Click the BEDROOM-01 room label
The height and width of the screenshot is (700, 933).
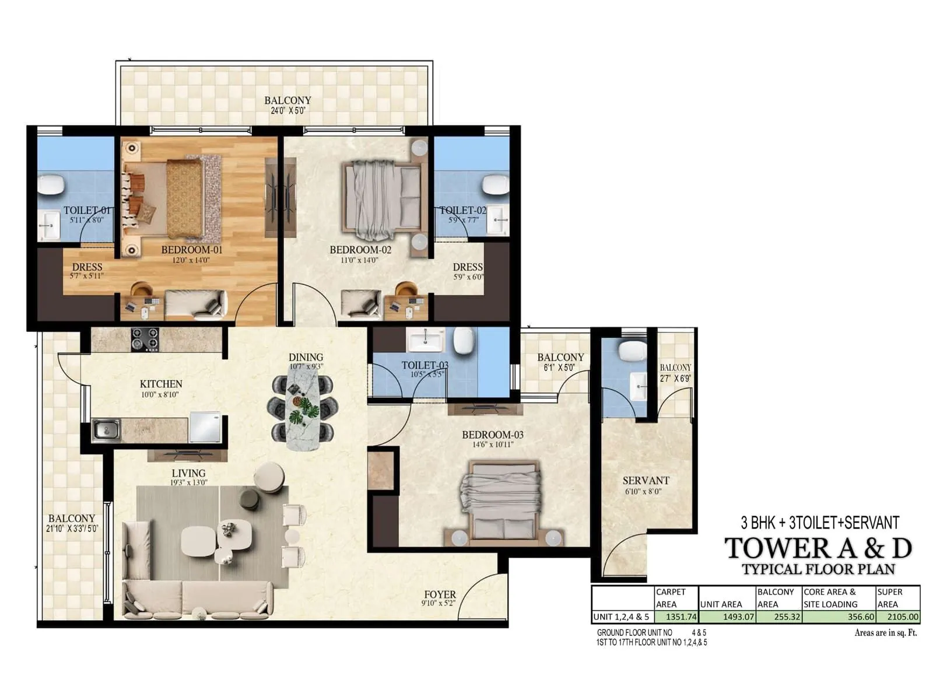pos(192,250)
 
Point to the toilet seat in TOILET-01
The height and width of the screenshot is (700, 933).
pos(51,185)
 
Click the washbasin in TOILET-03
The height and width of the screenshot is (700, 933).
pos(425,339)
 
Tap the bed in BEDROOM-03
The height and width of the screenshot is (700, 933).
pos(500,501)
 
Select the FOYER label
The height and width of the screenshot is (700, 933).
pos(440,594)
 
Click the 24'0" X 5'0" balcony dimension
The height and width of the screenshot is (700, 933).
pos(287,110)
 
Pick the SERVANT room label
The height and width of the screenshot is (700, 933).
pos(646,481)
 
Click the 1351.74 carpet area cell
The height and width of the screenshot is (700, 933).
pos(676,617)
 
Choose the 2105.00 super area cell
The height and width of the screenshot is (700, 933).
pos(898,617)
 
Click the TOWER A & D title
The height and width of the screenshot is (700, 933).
pos(818,548)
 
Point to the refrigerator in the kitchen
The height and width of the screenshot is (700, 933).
pos(205,428)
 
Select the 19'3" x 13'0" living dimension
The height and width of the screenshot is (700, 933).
pos(189,483)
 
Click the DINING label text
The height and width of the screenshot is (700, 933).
pos(306,357)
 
